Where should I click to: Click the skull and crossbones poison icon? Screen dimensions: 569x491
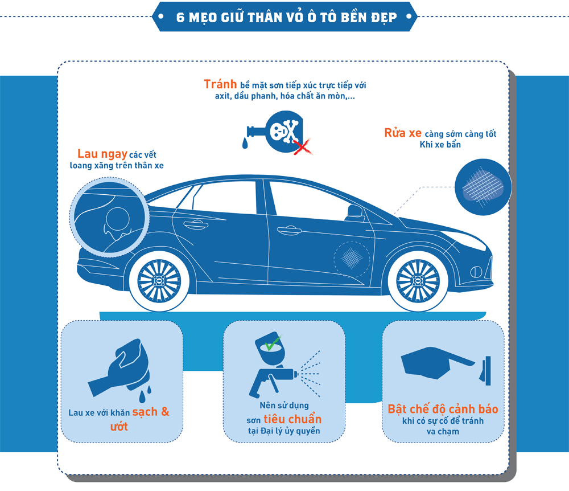[284, 131]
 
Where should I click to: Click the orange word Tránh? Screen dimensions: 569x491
[220, 84]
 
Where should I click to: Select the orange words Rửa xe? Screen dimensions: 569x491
[403, 133]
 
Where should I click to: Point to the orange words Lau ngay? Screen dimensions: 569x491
[102, 154]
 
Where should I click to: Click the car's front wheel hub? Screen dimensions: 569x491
[418, 281]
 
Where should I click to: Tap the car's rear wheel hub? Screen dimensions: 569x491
[159, 281]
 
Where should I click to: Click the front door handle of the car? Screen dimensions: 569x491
[289, 230]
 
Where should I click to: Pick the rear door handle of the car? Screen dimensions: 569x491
[196, 224]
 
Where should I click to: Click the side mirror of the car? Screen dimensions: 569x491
[355, 213]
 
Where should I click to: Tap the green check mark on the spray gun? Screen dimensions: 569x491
[273, 343]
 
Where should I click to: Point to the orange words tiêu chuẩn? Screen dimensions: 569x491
[292, 419]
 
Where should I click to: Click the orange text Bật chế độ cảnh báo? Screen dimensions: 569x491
[443, 409]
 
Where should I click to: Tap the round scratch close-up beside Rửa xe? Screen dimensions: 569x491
[483, 187]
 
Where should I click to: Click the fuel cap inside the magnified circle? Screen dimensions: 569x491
[118, 219]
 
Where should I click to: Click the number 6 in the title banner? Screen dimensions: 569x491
[180, 18]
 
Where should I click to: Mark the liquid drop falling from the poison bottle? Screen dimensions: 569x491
[245, 143]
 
